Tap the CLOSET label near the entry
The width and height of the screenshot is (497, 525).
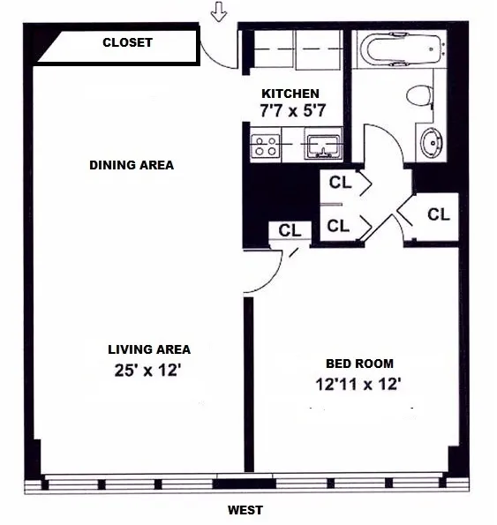(128, 42)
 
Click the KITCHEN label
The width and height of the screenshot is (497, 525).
(290, 94)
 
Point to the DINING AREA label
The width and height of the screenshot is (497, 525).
(132, 165)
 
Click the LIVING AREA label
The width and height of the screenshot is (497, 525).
(149, 349)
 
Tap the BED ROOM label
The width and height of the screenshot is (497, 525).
(360, 364)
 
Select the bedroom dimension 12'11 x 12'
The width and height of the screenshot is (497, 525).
(359, 384)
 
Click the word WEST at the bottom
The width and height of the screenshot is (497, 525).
(245, 510)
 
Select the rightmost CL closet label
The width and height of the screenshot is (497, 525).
(439, 214)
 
